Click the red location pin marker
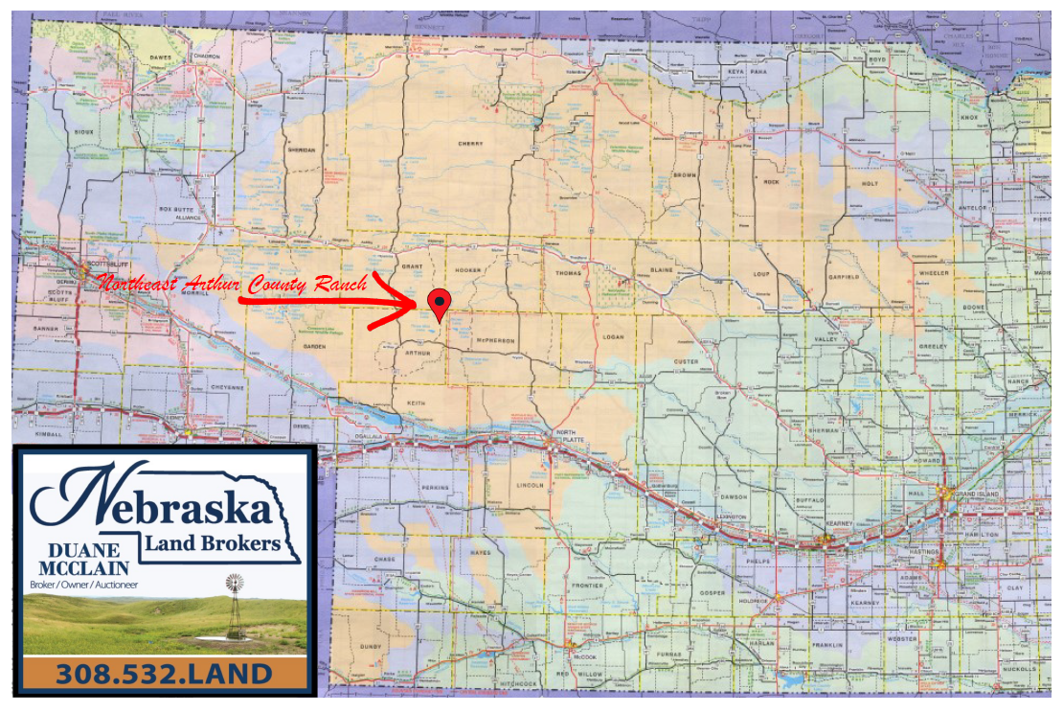439,302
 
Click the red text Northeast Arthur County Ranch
233,285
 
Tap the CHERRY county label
470,144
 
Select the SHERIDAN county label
302,150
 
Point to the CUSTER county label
686,361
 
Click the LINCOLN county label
530,485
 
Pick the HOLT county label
870,183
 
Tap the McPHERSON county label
496,340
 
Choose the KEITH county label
415,402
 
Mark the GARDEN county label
315,346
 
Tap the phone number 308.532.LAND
164,674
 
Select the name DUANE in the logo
82,550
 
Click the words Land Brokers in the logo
213,543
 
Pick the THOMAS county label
568,273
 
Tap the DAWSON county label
734,496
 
